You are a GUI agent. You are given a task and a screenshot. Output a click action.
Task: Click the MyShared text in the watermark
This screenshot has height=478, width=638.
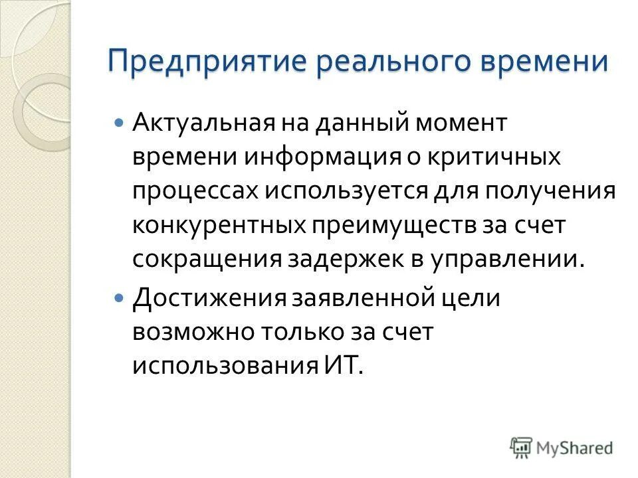pyautogui.click(x=574, y=448)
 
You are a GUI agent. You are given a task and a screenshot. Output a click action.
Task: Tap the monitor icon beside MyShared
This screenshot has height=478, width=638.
pyautogui.click(x=521, y=447)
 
